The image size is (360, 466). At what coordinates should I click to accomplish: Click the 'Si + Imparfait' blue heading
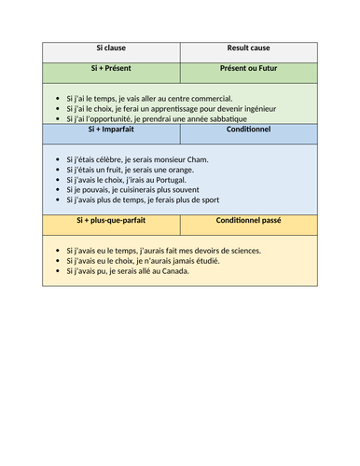(111, 130)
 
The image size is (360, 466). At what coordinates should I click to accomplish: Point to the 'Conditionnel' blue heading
(248, 130)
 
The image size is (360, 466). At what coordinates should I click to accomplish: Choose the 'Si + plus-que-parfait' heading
(111, 220)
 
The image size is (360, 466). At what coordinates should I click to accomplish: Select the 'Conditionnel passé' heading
(248, 220)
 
